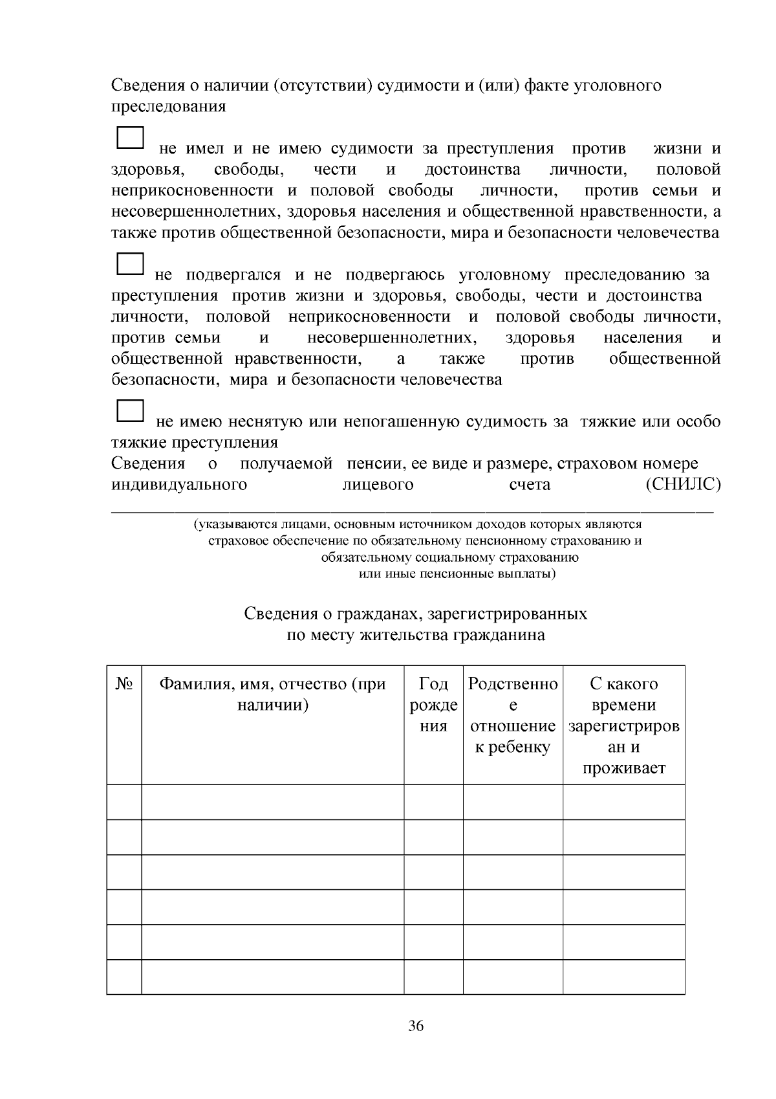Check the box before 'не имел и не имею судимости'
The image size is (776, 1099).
pyautogui.click(x=130, y=139)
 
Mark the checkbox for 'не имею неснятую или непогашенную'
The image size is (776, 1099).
pyautogui.click(x=130, y=412)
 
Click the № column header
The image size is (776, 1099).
pyautogui.click(x=124, y=683)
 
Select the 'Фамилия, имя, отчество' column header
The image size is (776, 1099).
pyautogui.click(x=272, y=694)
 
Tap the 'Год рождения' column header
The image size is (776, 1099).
pyautogui.click(x=433, y=704)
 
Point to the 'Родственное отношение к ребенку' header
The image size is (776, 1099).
pyautogui.click(x=513, y=715)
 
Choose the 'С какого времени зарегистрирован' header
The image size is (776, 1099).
pyautogui.click(x=624, y=725)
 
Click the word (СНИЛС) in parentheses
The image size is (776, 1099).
pyautogui.click(x=683, y=484)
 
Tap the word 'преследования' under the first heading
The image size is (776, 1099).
pyautogui.click(x=169, y=106)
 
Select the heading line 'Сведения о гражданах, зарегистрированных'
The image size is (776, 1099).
pyautogui.click(x=416, y=613)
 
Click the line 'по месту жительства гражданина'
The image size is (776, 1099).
pyautogui.click(x=416, y=634)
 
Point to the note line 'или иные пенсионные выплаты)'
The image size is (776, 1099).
pyautogui.click(x=457, y=574)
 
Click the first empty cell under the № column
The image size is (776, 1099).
pyautogui.click(x=124, y=802)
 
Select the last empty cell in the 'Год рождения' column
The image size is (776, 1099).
pyautogui.click(x=433, y=976)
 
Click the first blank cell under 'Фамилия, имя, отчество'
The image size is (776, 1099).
pyautogui.click(x=272, y=802)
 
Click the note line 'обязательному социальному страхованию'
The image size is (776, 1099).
pyautogui.click(x=449, y=557)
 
